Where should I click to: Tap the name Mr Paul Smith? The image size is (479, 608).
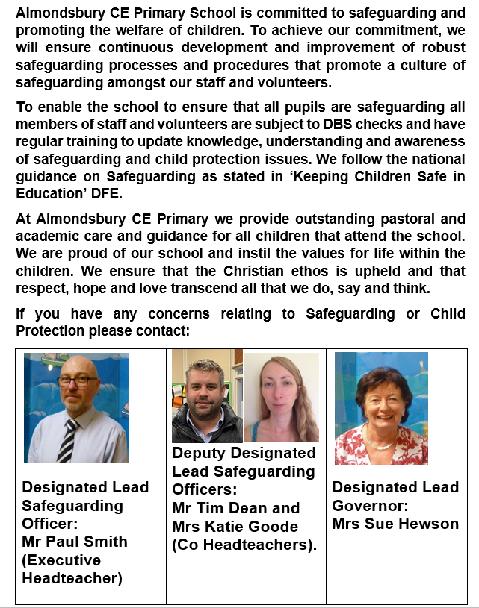coord(75,541)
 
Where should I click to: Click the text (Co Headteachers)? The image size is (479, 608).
coord(244,545)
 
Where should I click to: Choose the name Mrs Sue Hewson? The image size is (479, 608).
coord(395,524)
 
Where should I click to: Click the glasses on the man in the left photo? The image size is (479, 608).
coord(77,381)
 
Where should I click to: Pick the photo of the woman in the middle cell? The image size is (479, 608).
coord(281,398)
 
